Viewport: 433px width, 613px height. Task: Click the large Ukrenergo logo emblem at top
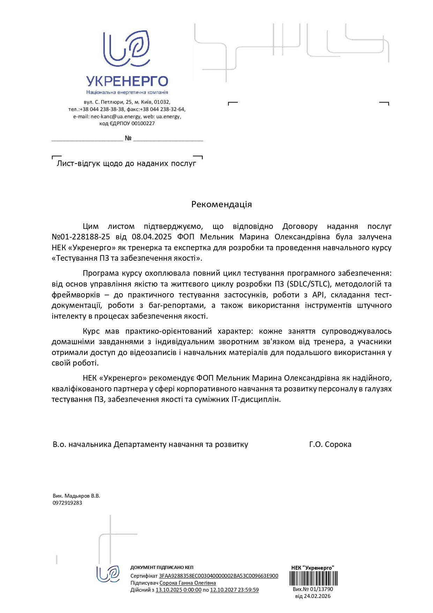(x=127, y=49)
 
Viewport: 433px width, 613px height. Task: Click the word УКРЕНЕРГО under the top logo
(x=127, y=81)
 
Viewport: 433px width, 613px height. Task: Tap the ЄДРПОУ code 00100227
(x=143, y=124)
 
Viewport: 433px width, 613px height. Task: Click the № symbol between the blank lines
(x=128, y=138)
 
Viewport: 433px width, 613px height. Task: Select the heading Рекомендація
(x=221, y=204)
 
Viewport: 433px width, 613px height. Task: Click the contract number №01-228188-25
(x=81, y=237)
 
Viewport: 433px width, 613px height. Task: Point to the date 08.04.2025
(x=152, y=237)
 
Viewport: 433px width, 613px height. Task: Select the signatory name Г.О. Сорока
(x=330, y=445)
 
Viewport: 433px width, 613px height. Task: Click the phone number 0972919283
(x=67, y=503)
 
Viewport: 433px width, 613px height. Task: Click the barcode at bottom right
(x=313, y=578)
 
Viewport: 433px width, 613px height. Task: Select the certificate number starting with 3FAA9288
(x=218, y=576)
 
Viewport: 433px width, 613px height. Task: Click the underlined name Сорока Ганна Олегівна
(x=188, y=583)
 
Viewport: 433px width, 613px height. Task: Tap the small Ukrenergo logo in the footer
(x=108, y=574)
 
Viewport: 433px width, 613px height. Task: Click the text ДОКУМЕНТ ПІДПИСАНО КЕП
(x=162, y=568)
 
